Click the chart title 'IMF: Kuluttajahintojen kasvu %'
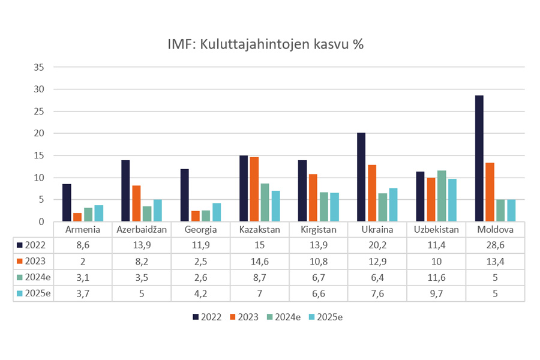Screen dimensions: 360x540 266,45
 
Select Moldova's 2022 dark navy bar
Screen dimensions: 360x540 479,158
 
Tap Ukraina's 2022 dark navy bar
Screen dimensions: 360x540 361,177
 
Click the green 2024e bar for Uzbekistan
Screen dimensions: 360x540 442,196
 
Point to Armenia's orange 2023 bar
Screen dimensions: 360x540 77,217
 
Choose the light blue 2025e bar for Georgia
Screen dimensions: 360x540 217,212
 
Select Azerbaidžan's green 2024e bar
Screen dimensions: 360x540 146,214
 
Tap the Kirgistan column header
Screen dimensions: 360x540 319,229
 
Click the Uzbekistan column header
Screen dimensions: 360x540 436,229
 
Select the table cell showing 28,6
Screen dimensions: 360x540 495,245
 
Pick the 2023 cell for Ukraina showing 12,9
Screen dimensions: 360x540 377,261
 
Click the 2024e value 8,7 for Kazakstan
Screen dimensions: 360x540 260,277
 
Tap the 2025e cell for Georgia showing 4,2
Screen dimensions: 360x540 201,293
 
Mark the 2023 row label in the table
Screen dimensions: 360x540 34,261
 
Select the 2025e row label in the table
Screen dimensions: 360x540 34,293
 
